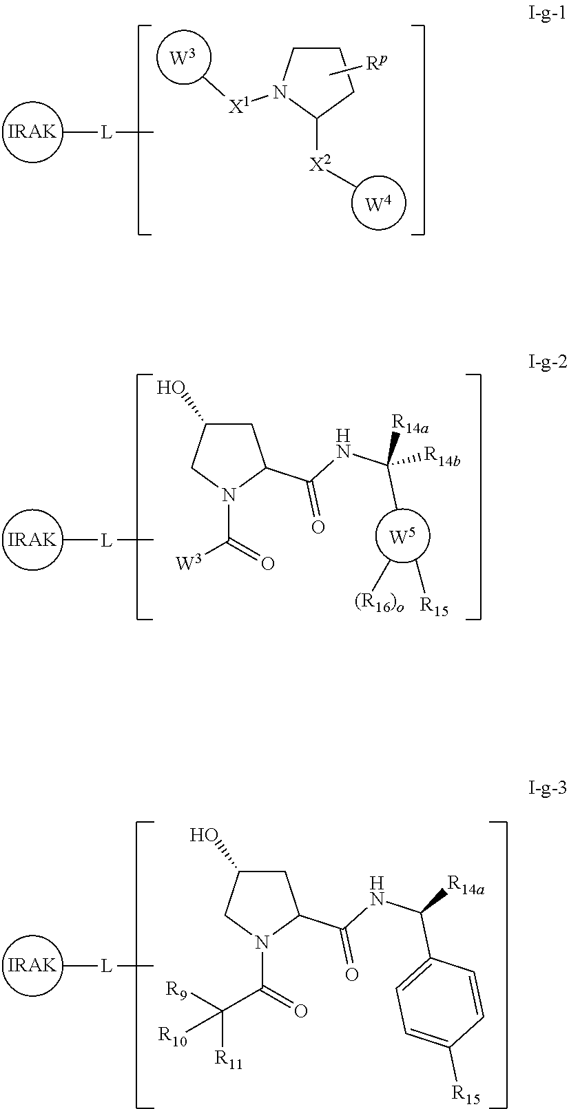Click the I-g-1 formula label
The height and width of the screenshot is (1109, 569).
[545, 13]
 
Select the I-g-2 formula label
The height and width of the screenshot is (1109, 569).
[547, 362]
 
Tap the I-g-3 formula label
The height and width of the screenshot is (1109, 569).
[547, 789]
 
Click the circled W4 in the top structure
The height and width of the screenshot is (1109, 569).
[378, 204]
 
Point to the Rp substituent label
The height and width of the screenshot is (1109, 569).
[377, 65]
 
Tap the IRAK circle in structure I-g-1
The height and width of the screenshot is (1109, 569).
[32, 132]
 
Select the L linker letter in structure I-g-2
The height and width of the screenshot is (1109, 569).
[106, 540]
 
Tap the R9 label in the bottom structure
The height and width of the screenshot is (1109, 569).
[176, 990]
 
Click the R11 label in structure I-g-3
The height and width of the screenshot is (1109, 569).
[229, 1059]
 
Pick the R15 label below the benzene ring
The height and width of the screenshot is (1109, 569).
[465, 1092]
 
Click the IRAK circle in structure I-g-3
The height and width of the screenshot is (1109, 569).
[32, 965]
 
